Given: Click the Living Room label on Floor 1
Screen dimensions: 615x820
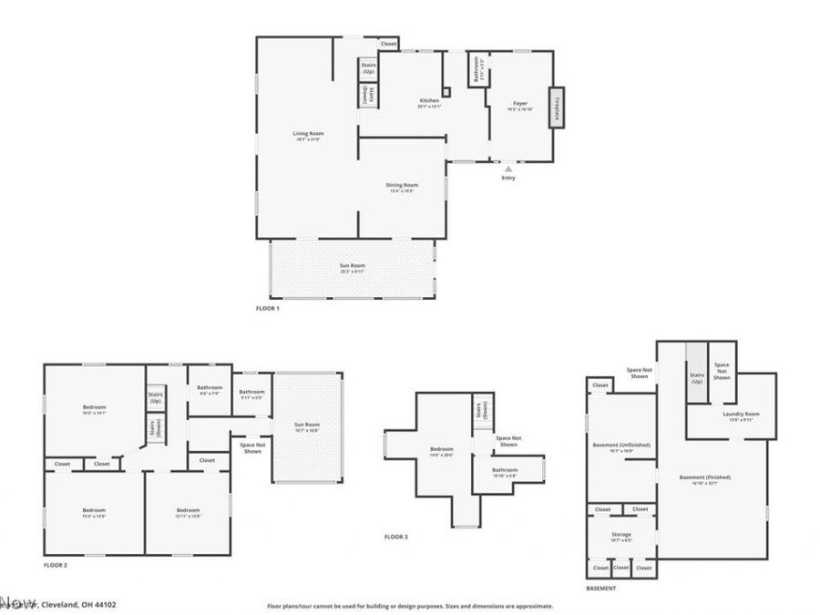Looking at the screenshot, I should tap(308, 134).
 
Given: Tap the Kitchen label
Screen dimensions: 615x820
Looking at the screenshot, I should tap(429, 100).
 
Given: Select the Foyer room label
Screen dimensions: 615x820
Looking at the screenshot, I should tap(520, 104).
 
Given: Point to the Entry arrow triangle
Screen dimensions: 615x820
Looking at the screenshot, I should tap(508, 168).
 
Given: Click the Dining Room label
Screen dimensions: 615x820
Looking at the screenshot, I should tap(402, 186).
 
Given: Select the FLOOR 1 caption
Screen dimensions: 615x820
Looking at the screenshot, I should tap(268, 309).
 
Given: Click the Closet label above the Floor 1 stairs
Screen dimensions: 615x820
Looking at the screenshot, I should tap(388, 44).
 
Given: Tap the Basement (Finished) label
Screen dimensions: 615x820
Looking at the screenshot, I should tap(705, 477).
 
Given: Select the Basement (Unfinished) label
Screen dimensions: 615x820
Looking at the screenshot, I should tap(621, 445).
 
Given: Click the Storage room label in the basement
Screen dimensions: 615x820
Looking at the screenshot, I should tap(620, 535).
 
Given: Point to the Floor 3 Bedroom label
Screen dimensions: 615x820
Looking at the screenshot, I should tap(441, 448).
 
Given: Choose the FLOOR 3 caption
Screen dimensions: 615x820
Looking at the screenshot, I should tap(395, 537).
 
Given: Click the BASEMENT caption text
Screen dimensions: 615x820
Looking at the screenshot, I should tap(601, 589).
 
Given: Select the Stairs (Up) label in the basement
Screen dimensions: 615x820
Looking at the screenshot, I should tap(697, 377).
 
